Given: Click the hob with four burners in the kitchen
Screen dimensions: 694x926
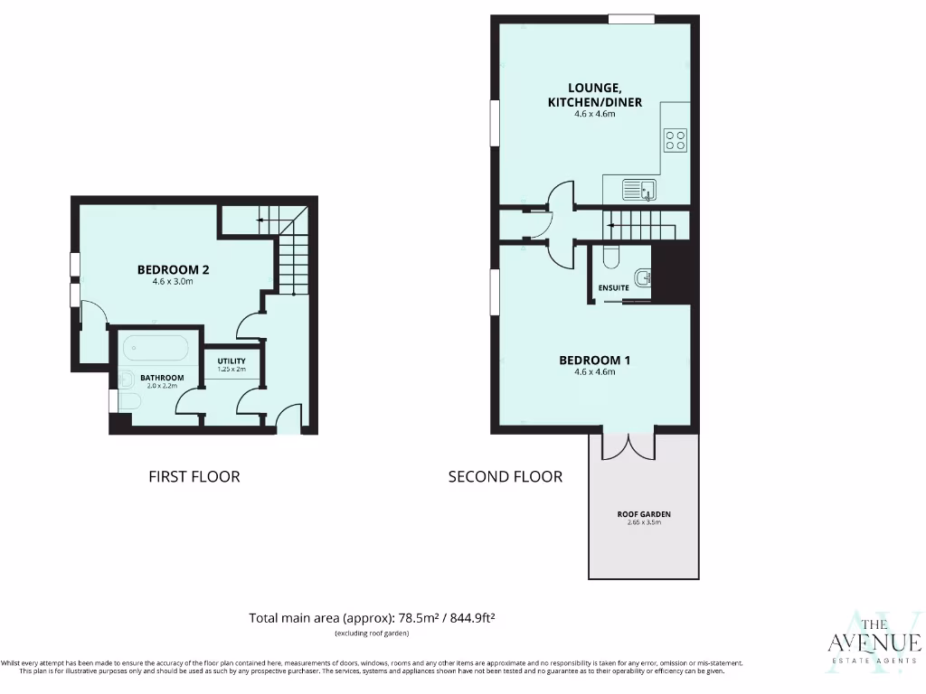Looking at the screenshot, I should coord(676,139).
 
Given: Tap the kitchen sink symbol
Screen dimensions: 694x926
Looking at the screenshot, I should coord(639,190).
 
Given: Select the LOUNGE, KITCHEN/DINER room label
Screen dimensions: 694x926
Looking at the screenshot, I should coord(594,95).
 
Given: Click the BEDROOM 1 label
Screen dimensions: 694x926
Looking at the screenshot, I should coord(594,360).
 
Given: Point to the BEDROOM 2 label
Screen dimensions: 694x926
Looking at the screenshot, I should coord(173,269).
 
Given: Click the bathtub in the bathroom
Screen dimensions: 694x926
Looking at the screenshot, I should coord(156,348).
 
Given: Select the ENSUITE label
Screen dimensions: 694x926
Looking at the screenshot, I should coord(613,287).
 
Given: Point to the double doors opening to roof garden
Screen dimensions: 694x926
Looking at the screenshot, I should coord(628,444).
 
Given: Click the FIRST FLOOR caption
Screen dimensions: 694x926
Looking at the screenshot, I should coord(194,476).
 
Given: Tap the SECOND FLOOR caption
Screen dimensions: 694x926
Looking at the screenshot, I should coord(505,476).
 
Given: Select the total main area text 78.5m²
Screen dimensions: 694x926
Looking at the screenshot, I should coord(372,618).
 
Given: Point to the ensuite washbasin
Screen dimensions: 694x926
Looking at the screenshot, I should coord(642,277).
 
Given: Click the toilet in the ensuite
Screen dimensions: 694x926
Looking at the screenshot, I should coord(609,258).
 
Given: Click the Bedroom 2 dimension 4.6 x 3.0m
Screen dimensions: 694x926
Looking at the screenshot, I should coord(173,282).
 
